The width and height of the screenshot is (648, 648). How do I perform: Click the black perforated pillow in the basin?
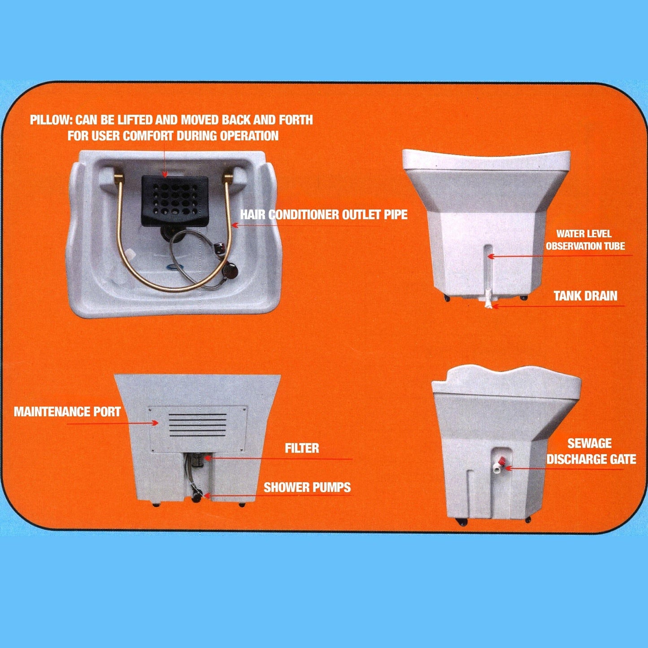pos(174,201)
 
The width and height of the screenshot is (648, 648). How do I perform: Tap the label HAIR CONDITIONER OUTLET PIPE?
pos(324,214)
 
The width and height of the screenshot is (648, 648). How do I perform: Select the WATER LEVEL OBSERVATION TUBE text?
pos(585,240)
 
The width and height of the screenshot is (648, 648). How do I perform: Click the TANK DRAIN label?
pos(586,296)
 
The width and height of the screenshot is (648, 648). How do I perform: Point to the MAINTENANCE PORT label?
pos(67,412)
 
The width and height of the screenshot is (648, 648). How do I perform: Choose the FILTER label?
pos(302,448)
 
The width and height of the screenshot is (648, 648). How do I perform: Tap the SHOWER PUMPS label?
pos(307,487)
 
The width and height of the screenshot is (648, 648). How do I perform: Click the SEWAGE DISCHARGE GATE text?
pos(591,451)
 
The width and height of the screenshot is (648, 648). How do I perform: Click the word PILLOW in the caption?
pos(51,120)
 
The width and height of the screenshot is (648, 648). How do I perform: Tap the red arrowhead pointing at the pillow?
pos(165,174)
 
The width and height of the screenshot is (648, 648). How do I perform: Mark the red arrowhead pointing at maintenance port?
pos(155,423)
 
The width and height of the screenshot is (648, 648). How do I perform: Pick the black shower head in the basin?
pos(232,270)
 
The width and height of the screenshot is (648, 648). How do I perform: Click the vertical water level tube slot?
pos(488,269)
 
